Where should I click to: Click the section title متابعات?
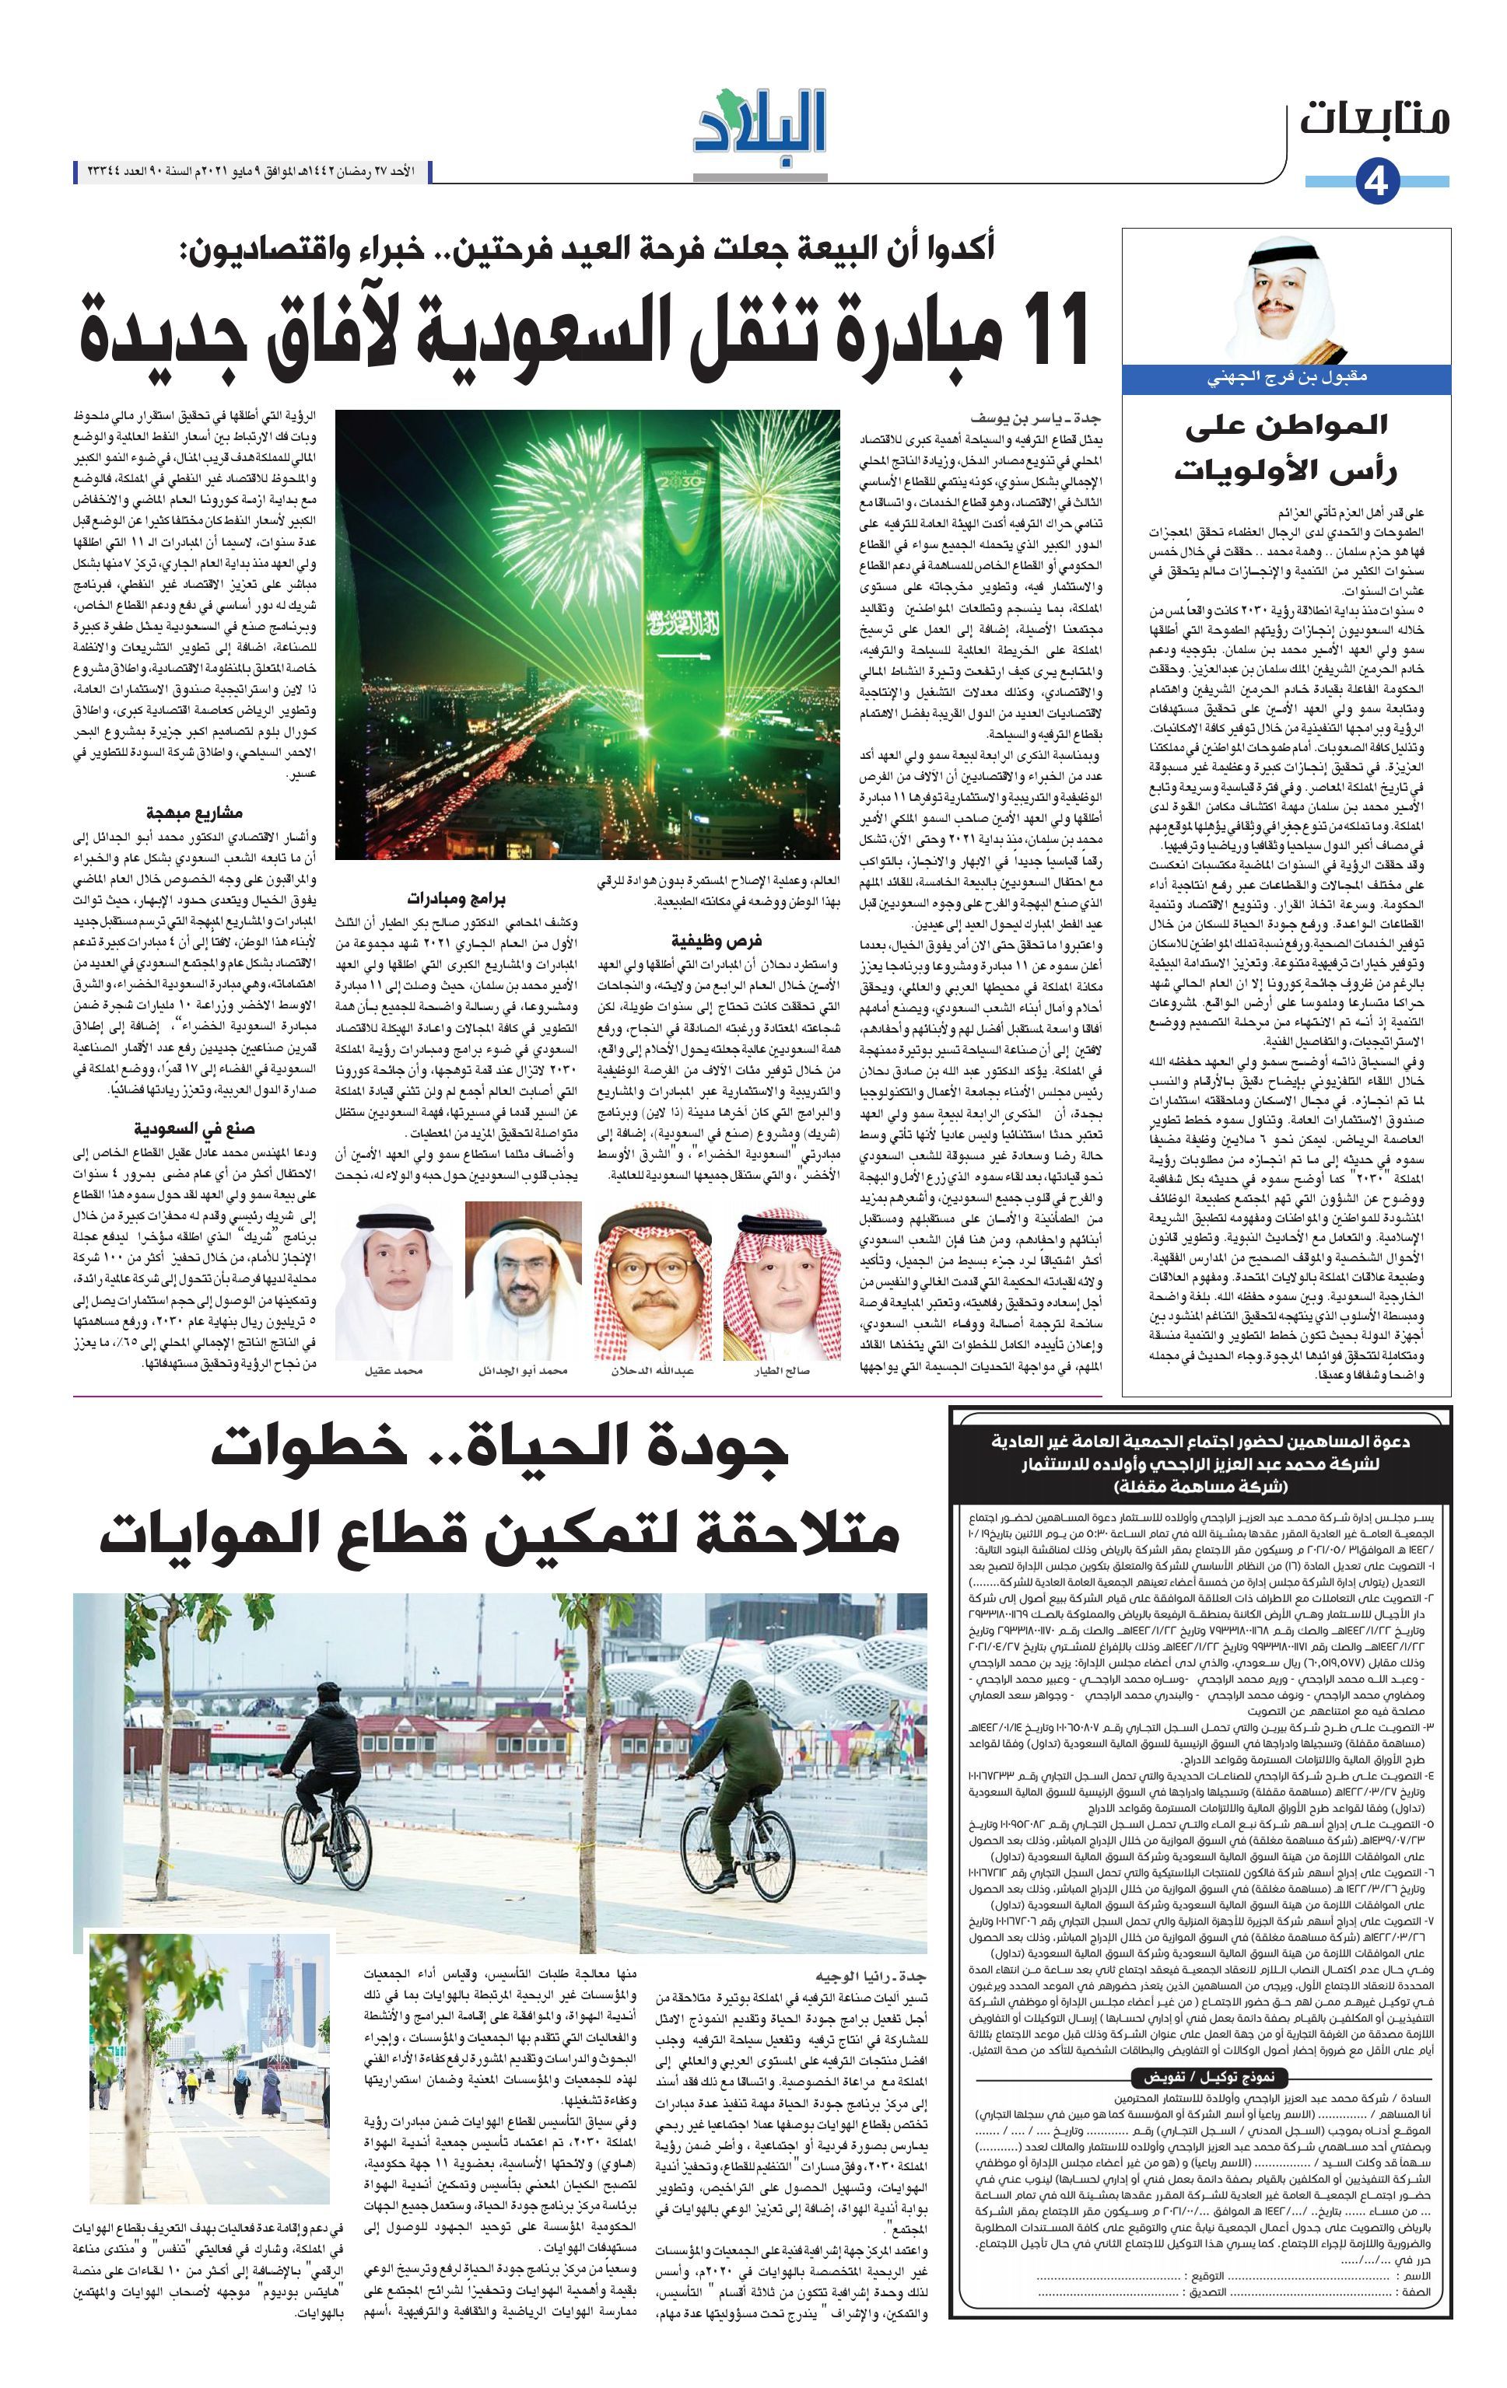click(x=1375, y=119)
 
